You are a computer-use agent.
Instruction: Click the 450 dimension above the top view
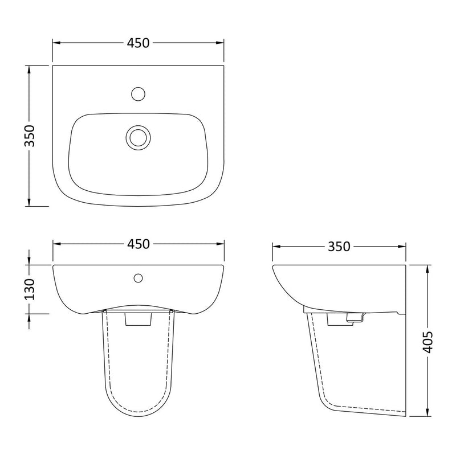click(x=138, y=43)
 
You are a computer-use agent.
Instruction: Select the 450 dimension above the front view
click(x=138, y=244)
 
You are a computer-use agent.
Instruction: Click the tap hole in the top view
click(x=137, y=92)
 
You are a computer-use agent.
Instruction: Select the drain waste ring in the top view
click(x=137, y=137)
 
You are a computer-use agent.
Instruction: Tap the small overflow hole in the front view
click(x=137, y=278)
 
